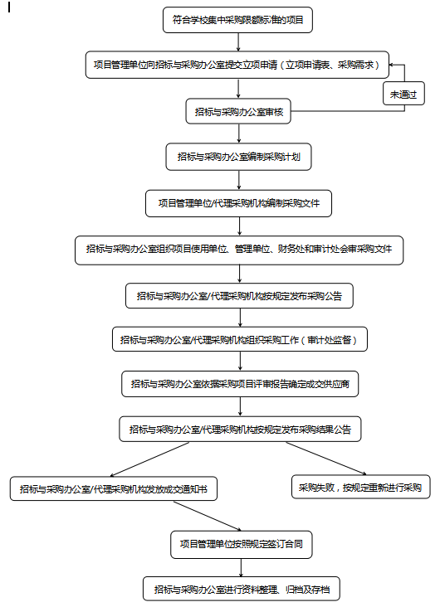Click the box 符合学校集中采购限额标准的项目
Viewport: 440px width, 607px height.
237,20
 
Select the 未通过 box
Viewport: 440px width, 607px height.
403,94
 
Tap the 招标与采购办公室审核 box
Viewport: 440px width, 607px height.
238,111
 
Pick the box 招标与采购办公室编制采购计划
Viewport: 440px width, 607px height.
238,157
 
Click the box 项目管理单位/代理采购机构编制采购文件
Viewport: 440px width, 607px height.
238,203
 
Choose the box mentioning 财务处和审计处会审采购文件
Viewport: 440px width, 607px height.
239,250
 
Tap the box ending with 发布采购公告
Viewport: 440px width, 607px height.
239,296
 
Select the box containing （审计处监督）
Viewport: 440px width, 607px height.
240,339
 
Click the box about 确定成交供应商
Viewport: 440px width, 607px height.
240,384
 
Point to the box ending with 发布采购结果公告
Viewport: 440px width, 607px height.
240,429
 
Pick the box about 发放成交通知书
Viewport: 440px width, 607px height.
114,489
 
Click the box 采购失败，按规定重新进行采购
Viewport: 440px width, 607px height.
361,487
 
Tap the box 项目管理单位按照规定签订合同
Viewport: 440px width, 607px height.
241,544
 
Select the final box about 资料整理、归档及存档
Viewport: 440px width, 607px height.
242,589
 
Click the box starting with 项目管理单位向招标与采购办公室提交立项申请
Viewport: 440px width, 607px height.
237,65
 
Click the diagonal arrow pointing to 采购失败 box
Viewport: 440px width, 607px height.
326,459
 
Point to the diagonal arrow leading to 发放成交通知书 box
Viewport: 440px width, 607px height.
149,459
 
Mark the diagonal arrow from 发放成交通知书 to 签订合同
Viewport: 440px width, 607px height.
208,516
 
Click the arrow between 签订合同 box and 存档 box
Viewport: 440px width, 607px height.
241,567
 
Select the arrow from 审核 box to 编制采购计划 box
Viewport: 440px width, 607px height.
238,134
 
